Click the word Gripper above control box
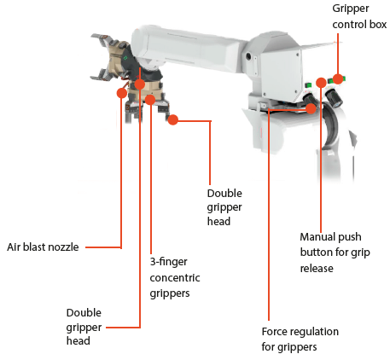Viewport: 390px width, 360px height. [x=351, y=9]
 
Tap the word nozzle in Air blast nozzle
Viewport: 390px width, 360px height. [x=65, y=247]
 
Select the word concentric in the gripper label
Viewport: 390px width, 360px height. [x=175, y=278]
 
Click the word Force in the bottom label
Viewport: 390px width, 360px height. [x=273, y=332]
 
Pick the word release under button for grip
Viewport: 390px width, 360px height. [x=317, y=269]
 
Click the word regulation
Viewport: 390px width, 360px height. [x=313, y=332]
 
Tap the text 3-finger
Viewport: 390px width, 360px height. [x=168, y=262]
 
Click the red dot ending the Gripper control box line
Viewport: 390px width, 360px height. [x=338, y=79]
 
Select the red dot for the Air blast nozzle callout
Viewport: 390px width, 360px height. [x=122, y=93]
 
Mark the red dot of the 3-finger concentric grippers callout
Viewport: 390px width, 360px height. [x=150, y=100]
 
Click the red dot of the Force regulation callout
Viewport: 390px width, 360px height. [x=311, y=108]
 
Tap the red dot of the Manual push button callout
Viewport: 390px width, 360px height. [x=321, y=83]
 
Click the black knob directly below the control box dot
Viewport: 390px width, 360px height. [x=335, y=98]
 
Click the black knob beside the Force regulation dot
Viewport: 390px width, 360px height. [x=310, y=100]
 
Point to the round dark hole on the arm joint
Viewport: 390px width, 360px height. [x=248, y=56]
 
